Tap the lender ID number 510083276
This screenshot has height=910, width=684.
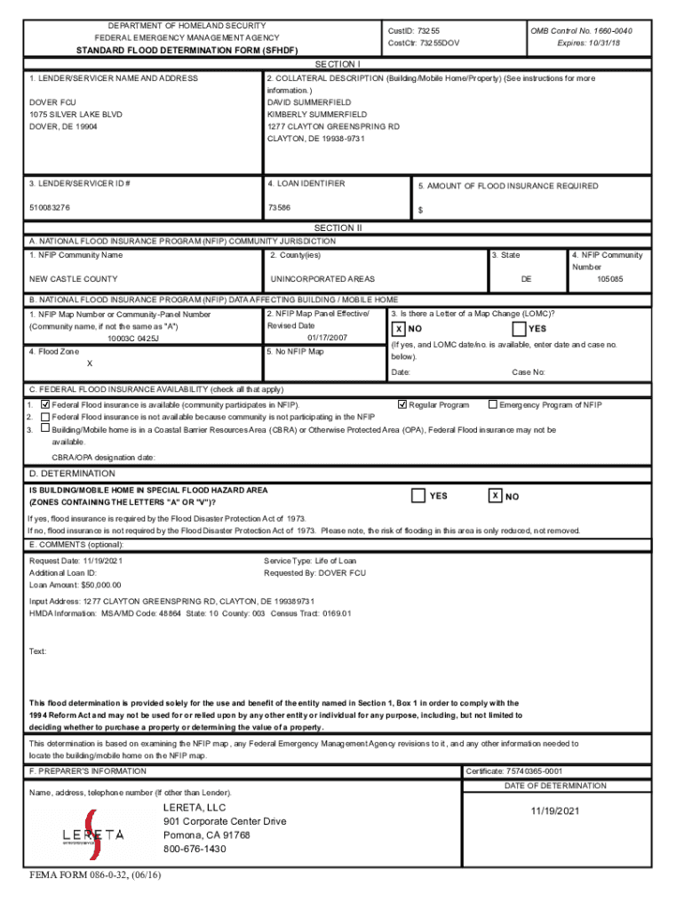(50, 208)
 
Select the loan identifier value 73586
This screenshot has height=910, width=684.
(279, 208)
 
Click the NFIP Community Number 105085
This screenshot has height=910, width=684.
(609, 279)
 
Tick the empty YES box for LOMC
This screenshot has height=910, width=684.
(520, 329)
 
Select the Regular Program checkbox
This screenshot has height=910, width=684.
(402, 404)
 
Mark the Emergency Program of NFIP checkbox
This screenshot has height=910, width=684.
(493, 404)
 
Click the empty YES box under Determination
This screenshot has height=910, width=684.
(418, 495)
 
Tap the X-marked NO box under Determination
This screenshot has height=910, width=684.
(497, 495)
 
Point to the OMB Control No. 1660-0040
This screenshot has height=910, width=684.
(581, 30)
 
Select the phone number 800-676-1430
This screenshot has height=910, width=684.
(195, 849)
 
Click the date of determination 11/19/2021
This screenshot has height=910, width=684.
(555, 811)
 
